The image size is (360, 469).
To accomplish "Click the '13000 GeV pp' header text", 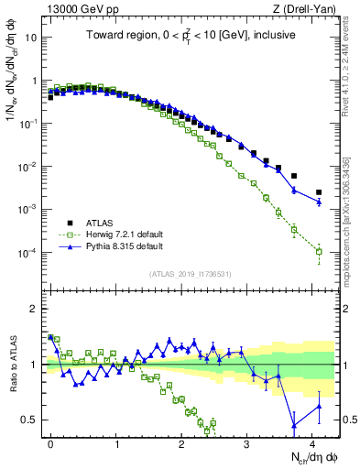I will point(76,8).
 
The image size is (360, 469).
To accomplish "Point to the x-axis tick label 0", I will point(50,442).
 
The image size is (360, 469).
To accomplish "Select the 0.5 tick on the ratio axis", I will point(34,420).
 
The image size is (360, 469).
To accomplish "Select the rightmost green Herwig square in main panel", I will point(319,251).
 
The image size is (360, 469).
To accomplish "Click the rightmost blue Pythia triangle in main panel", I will point(319,202).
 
